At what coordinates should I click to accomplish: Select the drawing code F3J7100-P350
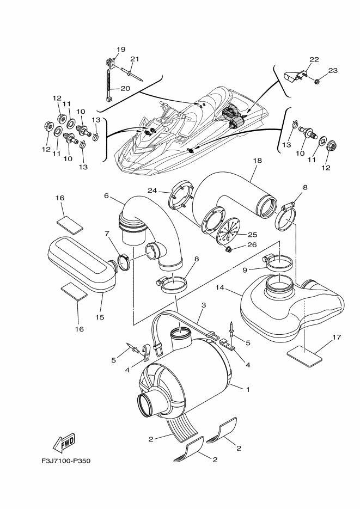coord(65,461)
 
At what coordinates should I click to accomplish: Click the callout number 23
coord(333,70)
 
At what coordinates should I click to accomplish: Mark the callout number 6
coord(107,195)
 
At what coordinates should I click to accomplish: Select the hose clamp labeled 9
coord(278,265)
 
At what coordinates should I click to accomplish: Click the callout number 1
coord(248,390)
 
